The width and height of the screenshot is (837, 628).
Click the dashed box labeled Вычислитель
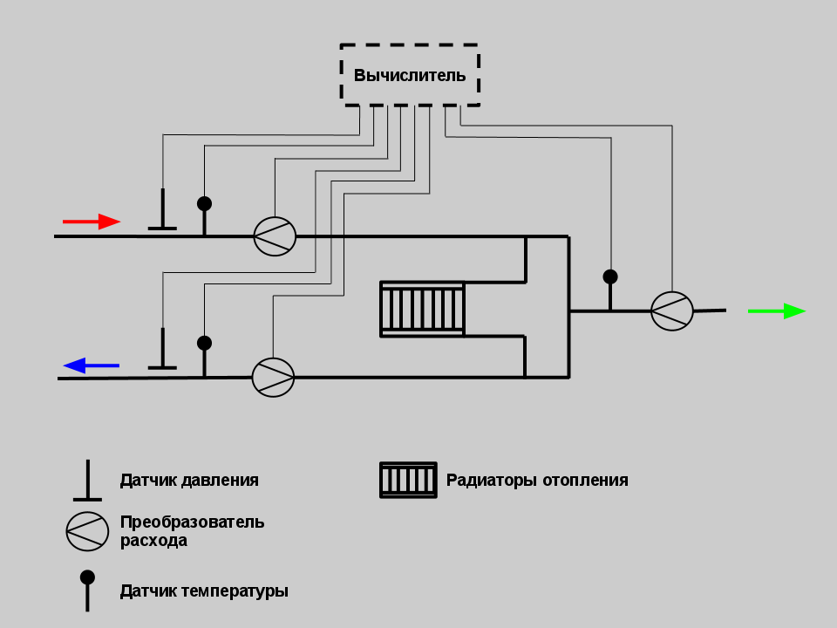click(410, 75)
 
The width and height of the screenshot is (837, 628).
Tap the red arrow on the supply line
click(92, 222)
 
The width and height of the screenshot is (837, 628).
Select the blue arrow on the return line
click(91, 365)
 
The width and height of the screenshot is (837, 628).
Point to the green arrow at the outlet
click(776, 311)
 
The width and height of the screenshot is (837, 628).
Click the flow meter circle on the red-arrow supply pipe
click(275, 235)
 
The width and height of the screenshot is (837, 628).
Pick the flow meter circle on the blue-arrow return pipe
click(273, 377)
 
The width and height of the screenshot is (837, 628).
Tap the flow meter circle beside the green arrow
click(671, 311)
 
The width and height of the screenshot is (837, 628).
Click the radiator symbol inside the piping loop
click(422, 308)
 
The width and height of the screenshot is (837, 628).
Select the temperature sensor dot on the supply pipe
click(204, 204)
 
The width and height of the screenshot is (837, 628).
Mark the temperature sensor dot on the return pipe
click(204, 343)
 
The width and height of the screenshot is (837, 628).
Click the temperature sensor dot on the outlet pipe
click(610, 276)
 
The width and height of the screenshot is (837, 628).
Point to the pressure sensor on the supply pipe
click(162, 214)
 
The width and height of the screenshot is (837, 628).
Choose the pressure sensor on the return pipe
click(162, 352)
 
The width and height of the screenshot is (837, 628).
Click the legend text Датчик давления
click(189, 480)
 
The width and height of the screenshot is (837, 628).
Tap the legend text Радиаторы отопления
click(537, 480)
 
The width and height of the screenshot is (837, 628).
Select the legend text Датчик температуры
click(204, 590)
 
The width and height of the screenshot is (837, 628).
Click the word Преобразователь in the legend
click(192, 522)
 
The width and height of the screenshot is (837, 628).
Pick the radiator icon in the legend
click(408, 480)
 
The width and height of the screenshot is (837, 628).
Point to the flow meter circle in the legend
click(87, 530)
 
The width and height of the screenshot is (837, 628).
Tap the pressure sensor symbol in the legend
click(87, 482)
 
